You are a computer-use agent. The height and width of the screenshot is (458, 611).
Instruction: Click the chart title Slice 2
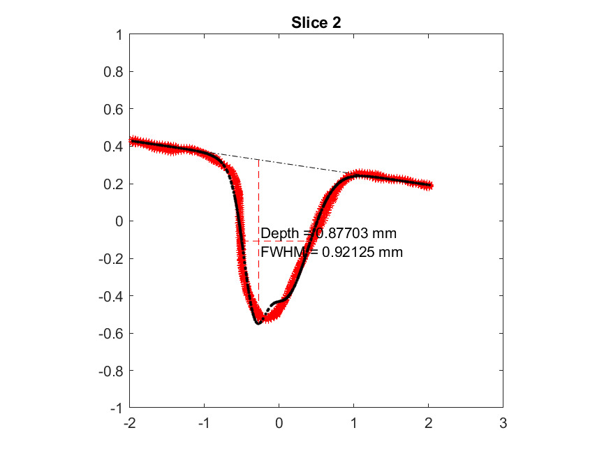[x=316, y=22]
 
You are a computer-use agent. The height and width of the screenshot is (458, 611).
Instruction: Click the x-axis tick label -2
[x=129, y=423]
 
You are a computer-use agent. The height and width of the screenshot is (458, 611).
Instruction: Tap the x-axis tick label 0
[x=279, y=423]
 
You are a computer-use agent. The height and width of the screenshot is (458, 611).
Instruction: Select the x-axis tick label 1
[x=354, y=423]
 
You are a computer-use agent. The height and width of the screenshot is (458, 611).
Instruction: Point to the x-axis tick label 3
[x=503, y=423]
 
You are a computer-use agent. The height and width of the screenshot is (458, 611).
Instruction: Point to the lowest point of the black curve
[x=258, y=323]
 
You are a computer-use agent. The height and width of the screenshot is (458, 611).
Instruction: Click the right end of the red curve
[x=431, y=186]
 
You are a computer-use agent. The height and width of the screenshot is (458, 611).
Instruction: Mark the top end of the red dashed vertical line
[x=259, y=160]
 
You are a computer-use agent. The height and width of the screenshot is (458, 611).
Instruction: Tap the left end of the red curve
[x=131, y=140]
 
